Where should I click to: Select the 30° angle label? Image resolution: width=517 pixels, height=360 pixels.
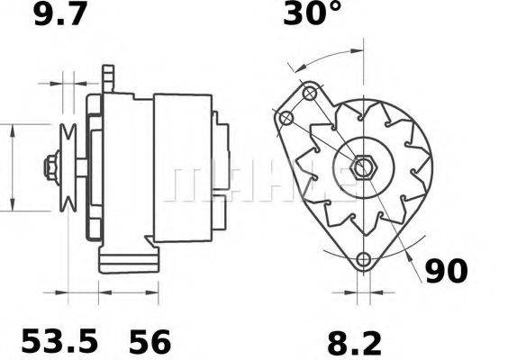click(313, 15)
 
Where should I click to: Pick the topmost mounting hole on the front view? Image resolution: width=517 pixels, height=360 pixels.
click(309, 93)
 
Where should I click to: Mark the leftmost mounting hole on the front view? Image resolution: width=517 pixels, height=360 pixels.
click(286, 117)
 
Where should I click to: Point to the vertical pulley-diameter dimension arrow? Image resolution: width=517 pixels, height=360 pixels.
click(11, 166)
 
